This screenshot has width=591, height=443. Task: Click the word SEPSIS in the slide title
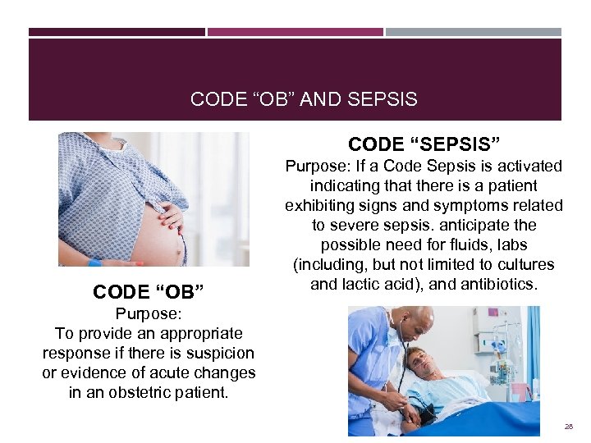(x=383, y=99)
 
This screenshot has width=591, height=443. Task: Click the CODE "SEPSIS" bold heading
(x=424, y=144)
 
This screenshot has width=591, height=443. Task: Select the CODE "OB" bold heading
(x=148, y=292)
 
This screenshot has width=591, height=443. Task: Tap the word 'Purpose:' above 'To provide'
(x=148, y=313)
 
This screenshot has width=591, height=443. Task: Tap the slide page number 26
(x=568, y=427)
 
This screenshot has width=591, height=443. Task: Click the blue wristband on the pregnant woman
(x=94, y=263)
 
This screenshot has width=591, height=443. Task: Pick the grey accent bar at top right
(x=474, y=32)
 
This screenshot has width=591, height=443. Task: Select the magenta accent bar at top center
(x=295, y=32)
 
